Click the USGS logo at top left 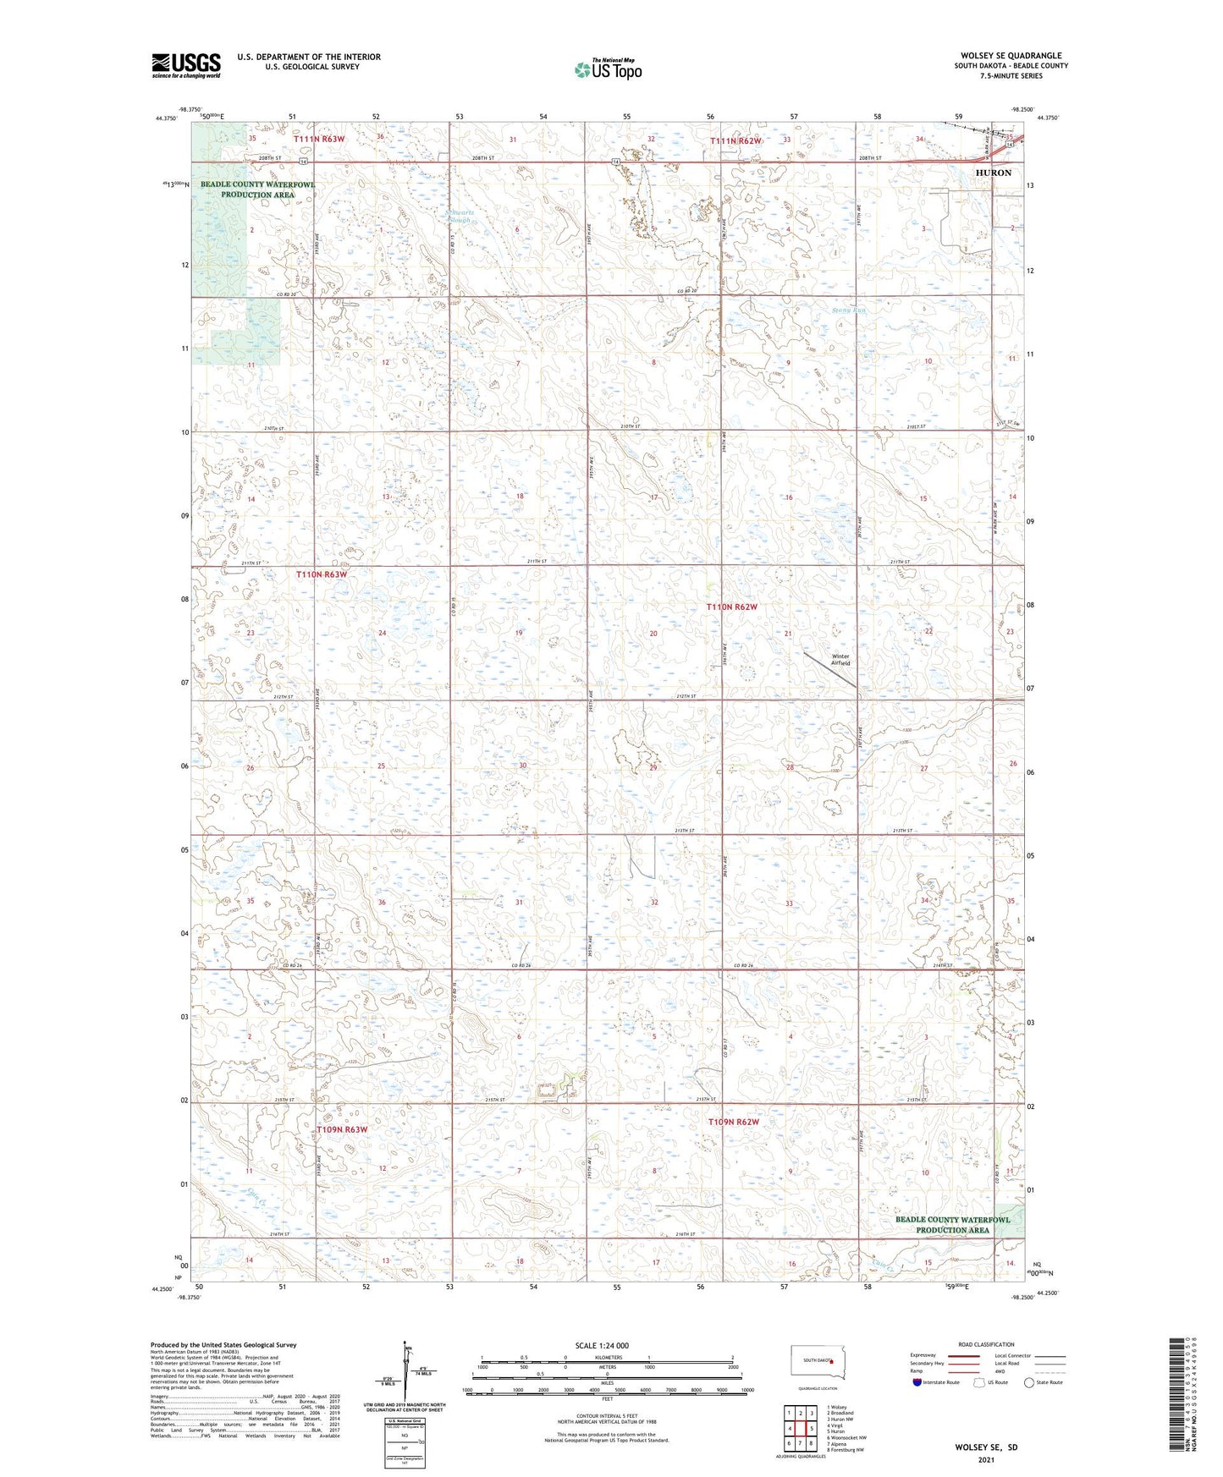[186, 65]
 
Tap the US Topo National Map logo [608, 69]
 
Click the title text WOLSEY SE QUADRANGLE [1011, 56]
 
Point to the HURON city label [993, 173]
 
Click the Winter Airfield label [840, 660]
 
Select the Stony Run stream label [848, 310]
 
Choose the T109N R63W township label [342, 1129]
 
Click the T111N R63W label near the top [319, 139]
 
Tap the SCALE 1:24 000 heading [602, 1345]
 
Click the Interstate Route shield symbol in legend [917, 1382]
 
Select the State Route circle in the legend [1029, 1382]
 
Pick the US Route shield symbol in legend [980, 1382]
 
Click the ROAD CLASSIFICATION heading [985, 1344]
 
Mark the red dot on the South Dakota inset [832, 1361]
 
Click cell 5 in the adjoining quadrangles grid [811, 1429]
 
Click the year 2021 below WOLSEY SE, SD [986, 1459]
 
